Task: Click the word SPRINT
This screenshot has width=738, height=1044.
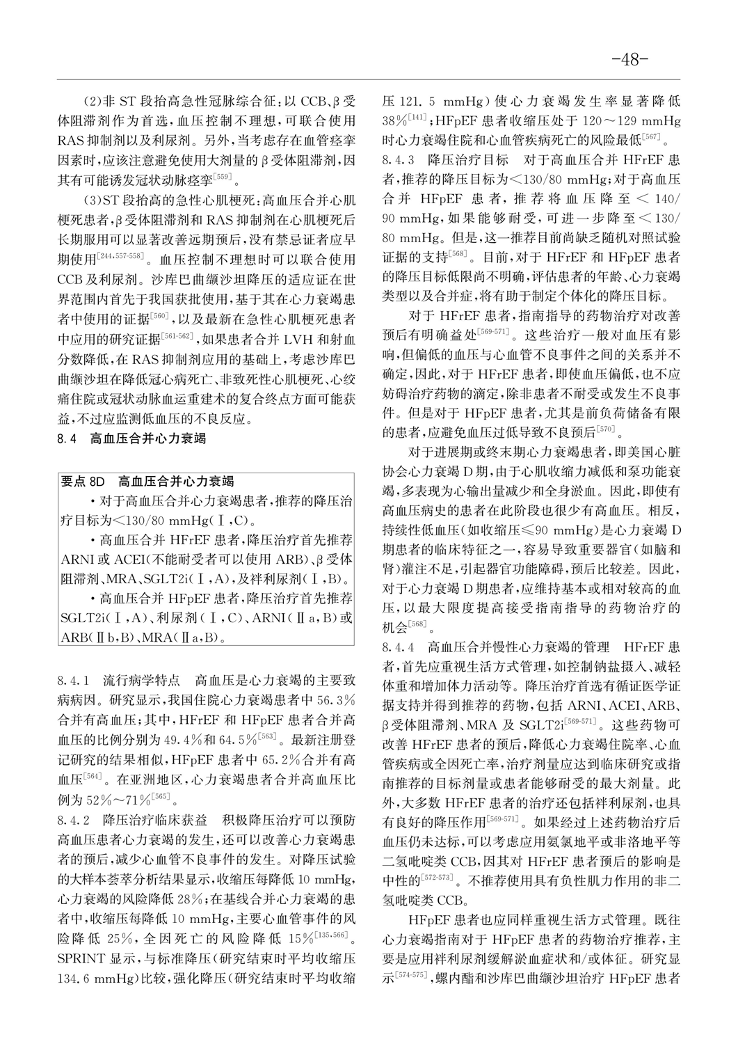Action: tap(80, 958)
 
